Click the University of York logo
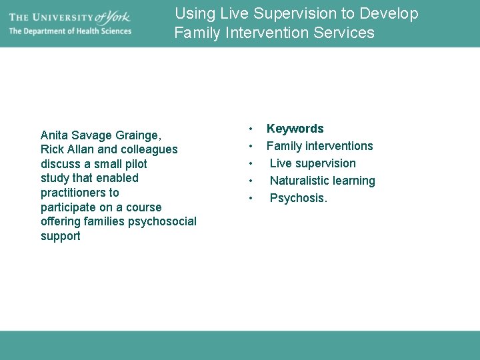coord(70,17)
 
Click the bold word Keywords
coord(295,129)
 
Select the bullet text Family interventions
coord(319,146)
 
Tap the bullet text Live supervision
coord(313,163)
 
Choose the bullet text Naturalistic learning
coord(322,181)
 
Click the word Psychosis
coord(298,198)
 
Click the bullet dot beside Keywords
coord(250,129)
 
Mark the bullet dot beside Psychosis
coord(250,198)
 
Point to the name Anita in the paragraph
coord(55,135)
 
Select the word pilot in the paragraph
coord(135,164)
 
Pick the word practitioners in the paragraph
coord(70,193)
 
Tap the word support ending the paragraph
coord(61,236)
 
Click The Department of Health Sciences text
coord(70,31)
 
